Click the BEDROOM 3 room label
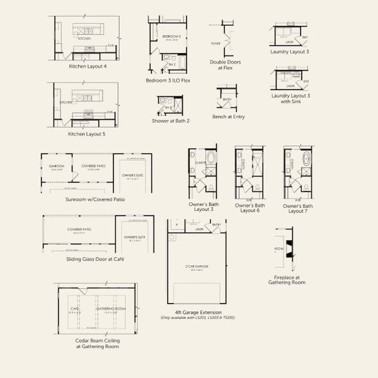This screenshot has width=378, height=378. (x=171, y=37)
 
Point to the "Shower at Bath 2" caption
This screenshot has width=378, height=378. (x=170, y=120)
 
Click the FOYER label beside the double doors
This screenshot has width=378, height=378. (x=216, y=43)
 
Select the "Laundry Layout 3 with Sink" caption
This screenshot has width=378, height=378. (x=290, y=98)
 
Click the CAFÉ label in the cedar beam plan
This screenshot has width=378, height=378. (x=74, y=309)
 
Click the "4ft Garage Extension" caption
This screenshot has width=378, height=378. (x=196, y=311)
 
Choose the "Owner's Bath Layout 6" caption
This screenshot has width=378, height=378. (x=248, y=208)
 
